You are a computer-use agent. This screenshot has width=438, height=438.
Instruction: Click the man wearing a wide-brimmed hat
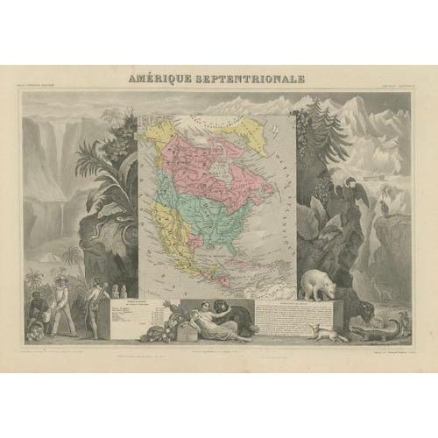(63, 301)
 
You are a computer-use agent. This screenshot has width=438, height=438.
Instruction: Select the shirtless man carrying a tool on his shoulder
(95, 307)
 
